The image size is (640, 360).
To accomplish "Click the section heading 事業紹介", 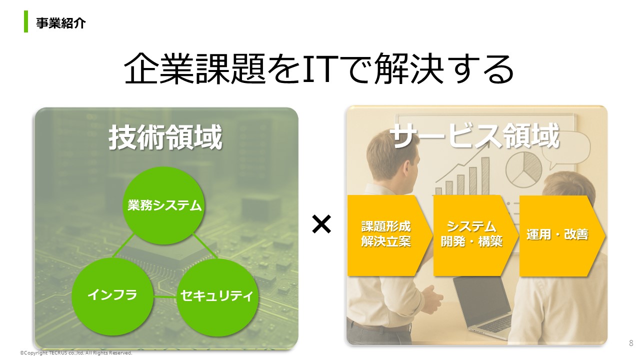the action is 60,23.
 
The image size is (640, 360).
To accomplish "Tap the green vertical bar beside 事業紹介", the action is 26,21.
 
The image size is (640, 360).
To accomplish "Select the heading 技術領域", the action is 165,137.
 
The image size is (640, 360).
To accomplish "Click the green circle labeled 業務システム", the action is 163,205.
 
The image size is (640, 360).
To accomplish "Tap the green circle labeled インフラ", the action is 112,296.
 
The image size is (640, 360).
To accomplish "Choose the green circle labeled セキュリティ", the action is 217,296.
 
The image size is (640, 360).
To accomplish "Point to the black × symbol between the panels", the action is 321,224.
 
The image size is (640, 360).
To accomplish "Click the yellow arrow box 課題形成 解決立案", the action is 389,235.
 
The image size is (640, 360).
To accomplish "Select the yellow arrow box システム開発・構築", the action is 475,235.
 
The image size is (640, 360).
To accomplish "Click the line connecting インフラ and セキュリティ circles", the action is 165,297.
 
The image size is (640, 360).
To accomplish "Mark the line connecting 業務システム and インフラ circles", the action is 123,245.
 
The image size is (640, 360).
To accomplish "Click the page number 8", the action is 631,343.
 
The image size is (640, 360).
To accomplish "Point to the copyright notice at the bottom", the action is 76,353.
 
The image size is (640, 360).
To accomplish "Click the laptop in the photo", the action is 483,305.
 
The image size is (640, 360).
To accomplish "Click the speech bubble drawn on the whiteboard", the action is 565,151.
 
